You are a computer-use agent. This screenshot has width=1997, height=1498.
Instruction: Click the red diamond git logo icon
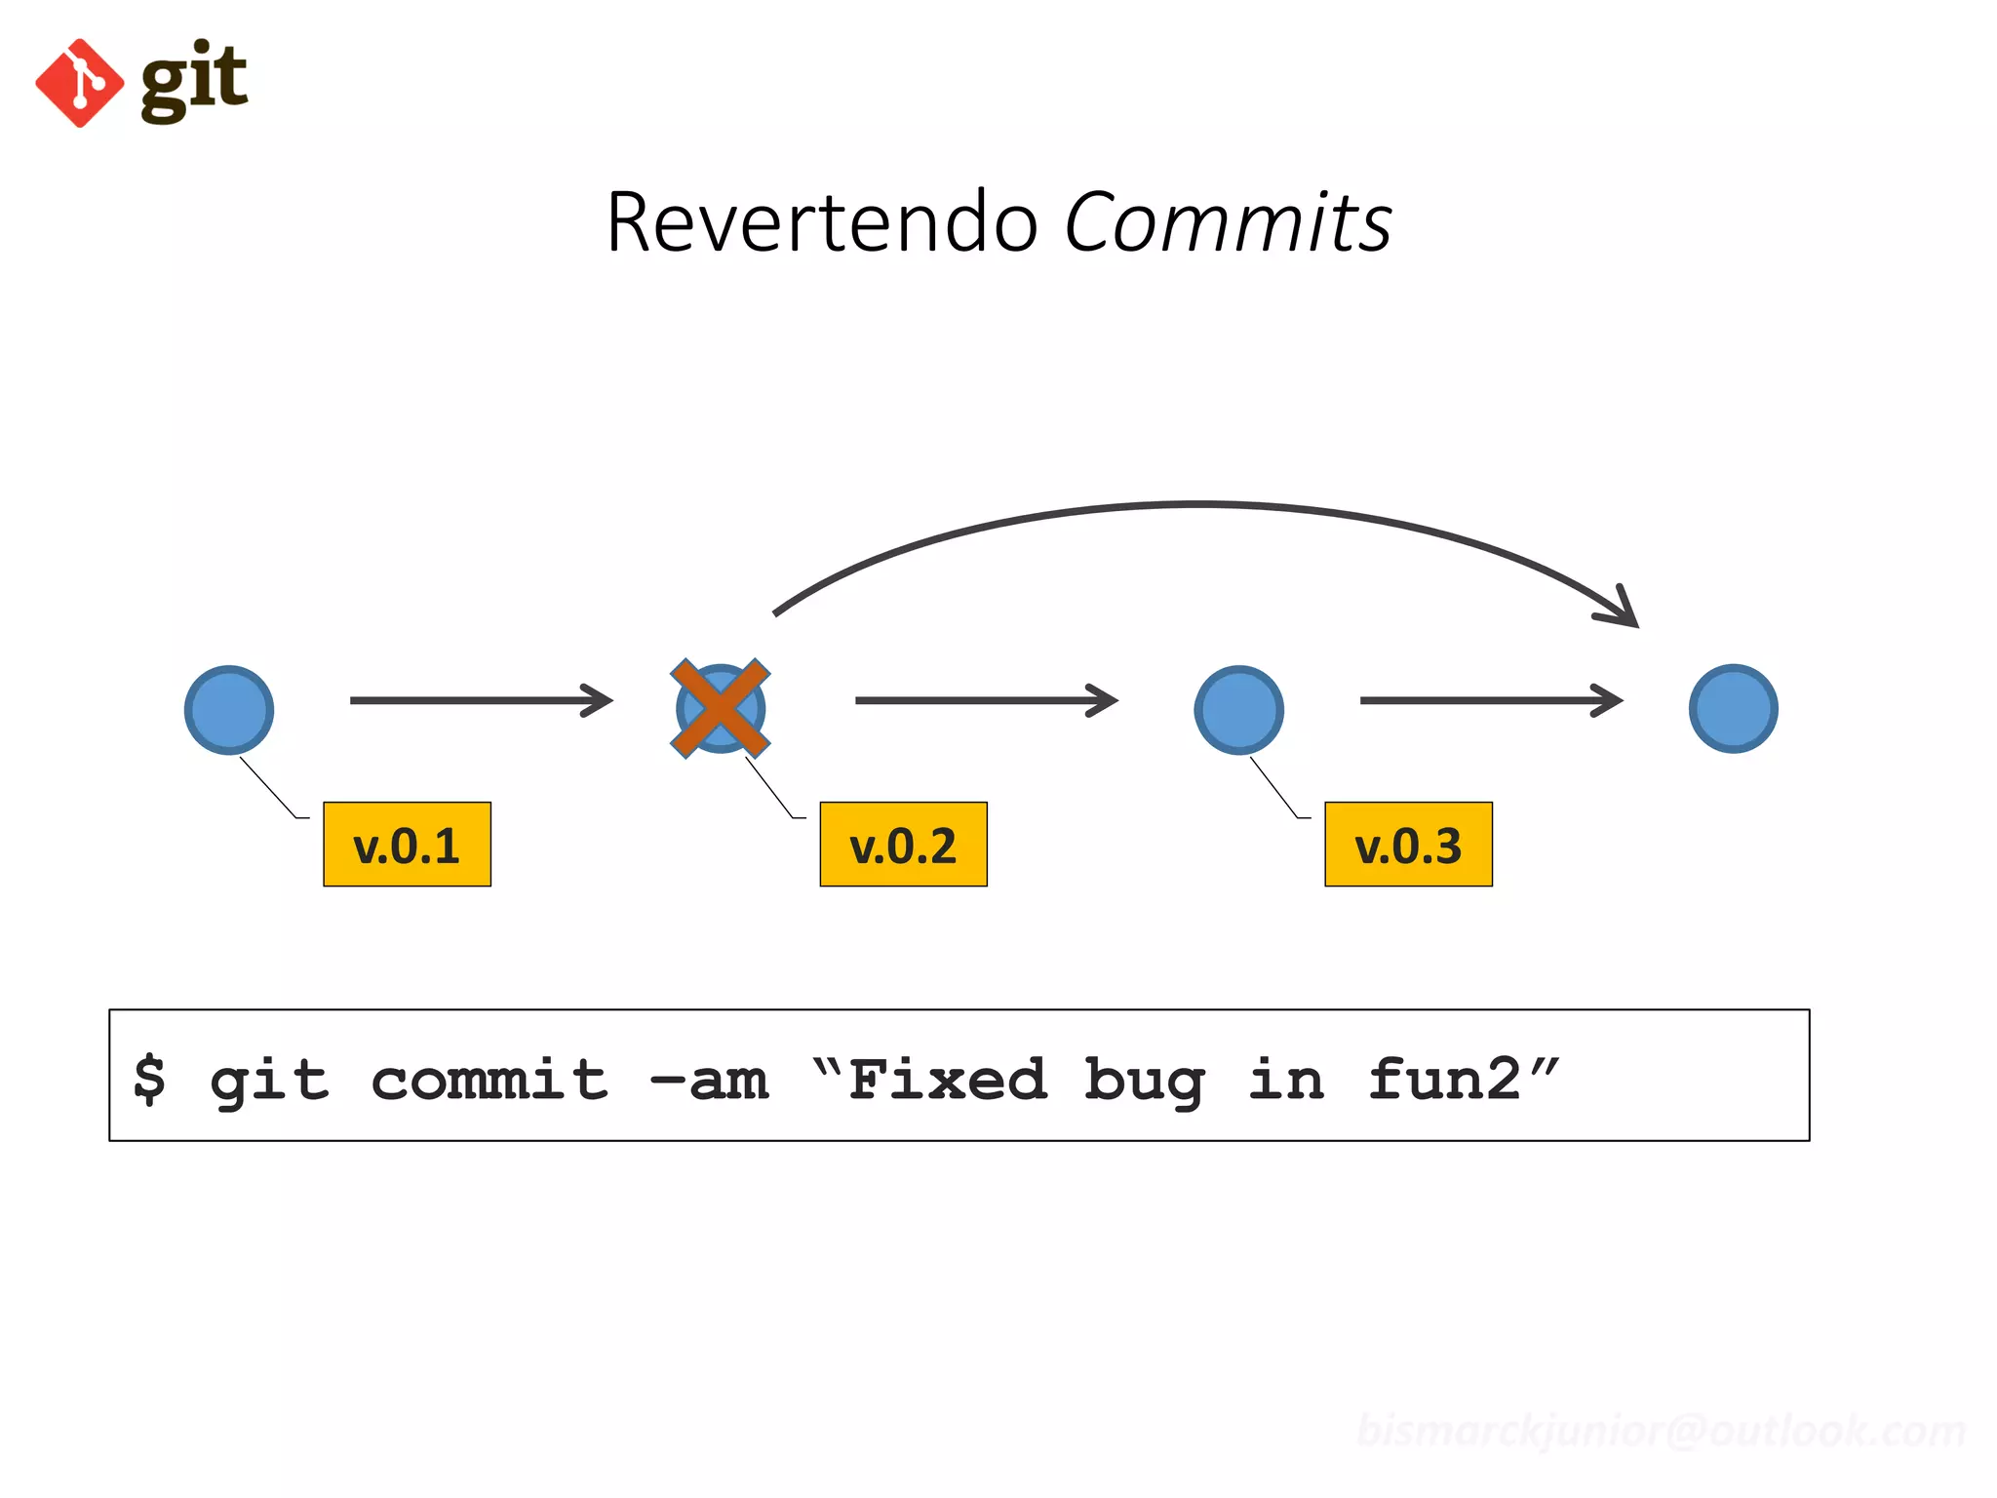click(x=80, y=84)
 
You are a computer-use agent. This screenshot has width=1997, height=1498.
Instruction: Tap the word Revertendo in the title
click(x=821, y=223)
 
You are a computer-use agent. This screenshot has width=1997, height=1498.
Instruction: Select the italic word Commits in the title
click(x=1228, y=223)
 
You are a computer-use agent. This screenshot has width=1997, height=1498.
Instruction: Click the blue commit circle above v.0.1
click(x=229, y=710)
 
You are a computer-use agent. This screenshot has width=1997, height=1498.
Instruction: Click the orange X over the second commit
click(x=721, y=709)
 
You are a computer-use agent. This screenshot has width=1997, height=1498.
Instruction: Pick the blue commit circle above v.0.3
click(x=1238, y=710)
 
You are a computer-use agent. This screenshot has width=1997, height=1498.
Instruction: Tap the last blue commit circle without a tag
click(x=1733, y=709)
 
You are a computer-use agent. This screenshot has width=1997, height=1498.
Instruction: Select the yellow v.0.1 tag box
click(x=407, y=845)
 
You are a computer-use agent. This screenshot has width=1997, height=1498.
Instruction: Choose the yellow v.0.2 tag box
click(x=903, y=845)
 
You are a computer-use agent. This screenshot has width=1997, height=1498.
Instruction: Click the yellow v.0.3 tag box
click(x=1408, y=845)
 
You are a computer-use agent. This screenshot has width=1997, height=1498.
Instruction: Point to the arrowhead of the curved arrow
click(x=1624, y=610)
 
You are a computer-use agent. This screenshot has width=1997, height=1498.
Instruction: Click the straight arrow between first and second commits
click(x=481, y=700)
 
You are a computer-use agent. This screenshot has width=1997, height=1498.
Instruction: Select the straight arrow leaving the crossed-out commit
click(x=986, y=700)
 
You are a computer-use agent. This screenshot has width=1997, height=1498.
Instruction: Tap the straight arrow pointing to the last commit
click(x=1491, y=700)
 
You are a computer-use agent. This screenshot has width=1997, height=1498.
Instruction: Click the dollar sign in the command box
click(x=149, y=1080)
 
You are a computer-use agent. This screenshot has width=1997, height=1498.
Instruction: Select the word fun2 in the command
click(x=1444, y=1080)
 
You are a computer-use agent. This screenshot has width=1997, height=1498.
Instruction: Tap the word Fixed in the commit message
click(x=947, y=1080)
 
